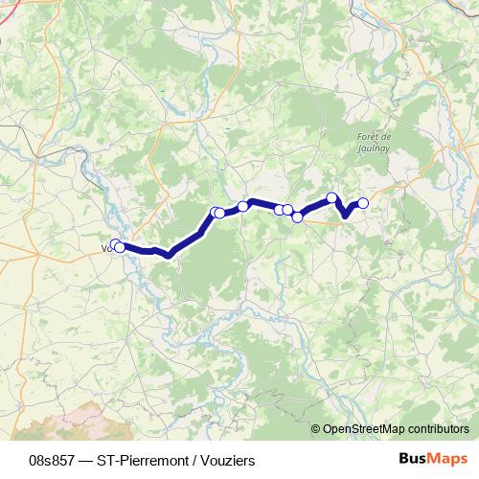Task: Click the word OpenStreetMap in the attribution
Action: click(367, 430)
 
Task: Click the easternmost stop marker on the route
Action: click(363, 202)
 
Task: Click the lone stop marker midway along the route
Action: click(244, 205)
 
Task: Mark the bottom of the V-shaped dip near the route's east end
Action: click(345, 217)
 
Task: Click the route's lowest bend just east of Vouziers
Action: click(169, 255)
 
